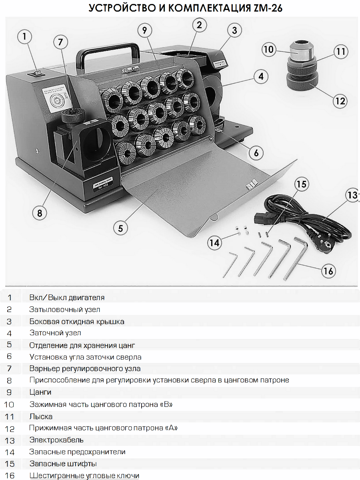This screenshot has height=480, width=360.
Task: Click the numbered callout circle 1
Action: tap(25, 37)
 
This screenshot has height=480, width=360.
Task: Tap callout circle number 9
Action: tap(145, 30)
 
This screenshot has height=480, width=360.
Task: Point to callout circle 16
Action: tap(328, 271)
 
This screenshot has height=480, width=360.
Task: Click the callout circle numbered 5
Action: tap(120, 228)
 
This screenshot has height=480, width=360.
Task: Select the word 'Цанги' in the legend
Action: tap(40, 392)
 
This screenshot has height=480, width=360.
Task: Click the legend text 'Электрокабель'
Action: tap(56, 440)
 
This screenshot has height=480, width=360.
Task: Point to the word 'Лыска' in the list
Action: tap(41, 416)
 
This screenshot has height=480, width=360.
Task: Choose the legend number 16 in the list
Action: tap(10, 476)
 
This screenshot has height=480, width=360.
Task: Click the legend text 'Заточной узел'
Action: tap(55, 333)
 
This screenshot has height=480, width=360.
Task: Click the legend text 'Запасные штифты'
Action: tap(63, 464)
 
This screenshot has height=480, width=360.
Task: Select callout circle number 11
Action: tap(341, 52)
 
